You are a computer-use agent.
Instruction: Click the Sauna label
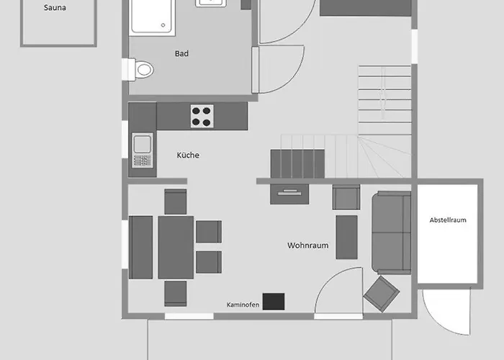55,8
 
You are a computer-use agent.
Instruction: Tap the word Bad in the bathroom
181,54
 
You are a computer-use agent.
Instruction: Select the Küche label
188,156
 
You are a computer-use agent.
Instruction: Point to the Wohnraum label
308,246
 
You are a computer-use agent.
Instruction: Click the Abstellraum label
448,220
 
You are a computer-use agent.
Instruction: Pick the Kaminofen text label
243,305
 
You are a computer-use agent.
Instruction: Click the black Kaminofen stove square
274,302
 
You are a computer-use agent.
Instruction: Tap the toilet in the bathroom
141,69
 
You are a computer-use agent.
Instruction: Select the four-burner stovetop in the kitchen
202,116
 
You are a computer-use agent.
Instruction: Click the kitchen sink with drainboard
143,150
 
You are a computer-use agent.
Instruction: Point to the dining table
176,247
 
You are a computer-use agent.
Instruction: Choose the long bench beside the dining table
141,247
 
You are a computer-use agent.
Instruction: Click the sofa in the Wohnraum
392,233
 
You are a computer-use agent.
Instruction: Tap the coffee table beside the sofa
346,237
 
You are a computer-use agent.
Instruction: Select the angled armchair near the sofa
382,294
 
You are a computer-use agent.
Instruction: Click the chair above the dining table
176,202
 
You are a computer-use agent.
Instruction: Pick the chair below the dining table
176,294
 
